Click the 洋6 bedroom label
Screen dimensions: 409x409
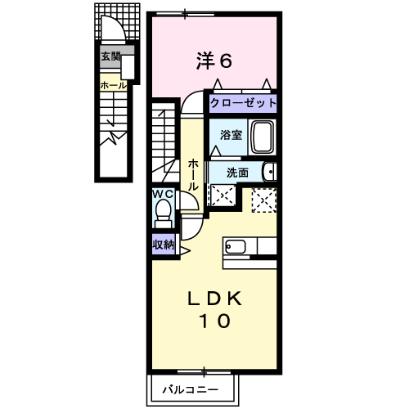pos(214,60)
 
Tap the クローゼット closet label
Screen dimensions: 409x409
pos(242,104)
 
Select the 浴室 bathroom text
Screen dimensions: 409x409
pos(231,135)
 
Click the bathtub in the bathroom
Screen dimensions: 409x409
pos(262,137)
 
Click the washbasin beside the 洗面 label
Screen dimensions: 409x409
pos(270,171)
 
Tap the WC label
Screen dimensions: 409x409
pos(164,195)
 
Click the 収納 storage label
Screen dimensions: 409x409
pos(163,244)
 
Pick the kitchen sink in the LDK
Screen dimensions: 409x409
pos(235,246)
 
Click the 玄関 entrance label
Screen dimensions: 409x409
pos(110,56)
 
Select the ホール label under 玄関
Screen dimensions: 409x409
pos(112,84)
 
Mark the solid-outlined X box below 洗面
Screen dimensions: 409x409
pos(220,195)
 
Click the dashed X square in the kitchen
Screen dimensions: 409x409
pos(263,200)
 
